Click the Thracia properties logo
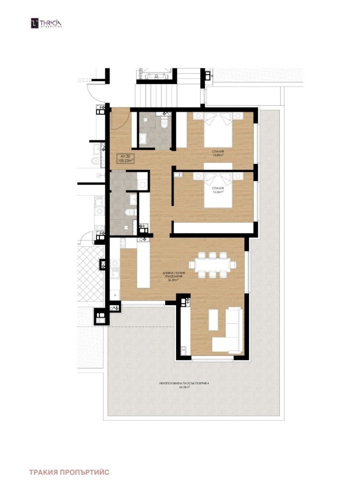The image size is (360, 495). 45,23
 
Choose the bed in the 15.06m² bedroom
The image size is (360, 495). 219,190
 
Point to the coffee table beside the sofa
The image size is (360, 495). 214,322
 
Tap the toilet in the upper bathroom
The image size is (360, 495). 165,123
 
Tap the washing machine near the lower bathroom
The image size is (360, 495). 143,184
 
